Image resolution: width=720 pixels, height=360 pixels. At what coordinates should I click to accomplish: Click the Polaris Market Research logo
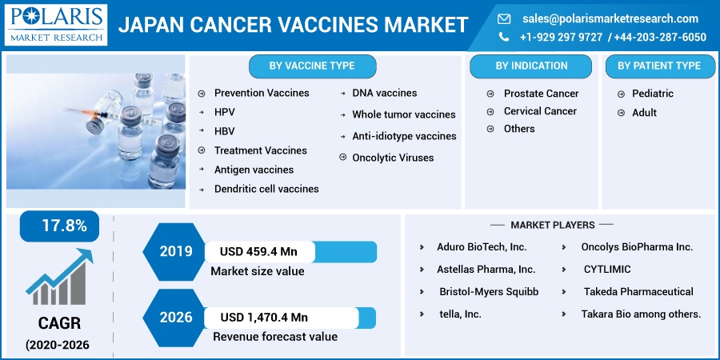(56, 25)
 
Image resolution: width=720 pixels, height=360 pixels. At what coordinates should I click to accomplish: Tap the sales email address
(610, 19)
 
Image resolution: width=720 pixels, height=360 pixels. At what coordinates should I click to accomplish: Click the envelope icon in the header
(504, 19)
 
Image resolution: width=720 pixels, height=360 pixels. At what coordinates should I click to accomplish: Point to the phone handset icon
(504, 37)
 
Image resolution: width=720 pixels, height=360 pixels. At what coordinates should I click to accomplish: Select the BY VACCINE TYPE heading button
(312, 66)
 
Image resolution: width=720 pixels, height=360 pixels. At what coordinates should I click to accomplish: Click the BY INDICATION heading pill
(531, 66)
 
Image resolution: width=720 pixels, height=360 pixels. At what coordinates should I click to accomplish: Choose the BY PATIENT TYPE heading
(659, 66)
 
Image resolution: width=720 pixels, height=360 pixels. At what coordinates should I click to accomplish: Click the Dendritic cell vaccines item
(266, 189)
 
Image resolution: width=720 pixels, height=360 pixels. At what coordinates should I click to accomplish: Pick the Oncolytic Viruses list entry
(393, 158)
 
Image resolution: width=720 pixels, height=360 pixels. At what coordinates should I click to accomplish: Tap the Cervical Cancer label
(540, 111)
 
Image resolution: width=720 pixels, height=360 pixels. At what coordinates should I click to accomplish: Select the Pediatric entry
(653, 94)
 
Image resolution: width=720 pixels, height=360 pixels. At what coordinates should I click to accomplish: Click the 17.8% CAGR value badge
(59, 226)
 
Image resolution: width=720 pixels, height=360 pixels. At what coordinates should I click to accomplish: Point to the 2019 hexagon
(175, 252)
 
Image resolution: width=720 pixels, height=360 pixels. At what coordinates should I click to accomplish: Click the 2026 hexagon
(175, 318)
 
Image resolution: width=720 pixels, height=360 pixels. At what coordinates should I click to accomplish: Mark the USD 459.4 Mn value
(258, 252)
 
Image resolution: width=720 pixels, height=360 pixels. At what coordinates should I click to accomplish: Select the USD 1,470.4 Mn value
(264, 318)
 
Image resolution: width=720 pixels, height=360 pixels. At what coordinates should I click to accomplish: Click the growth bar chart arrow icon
(58, 277)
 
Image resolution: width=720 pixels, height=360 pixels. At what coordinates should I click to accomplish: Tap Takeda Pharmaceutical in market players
(638, 291)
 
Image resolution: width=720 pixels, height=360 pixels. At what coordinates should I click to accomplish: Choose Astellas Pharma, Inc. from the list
(486, 269)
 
